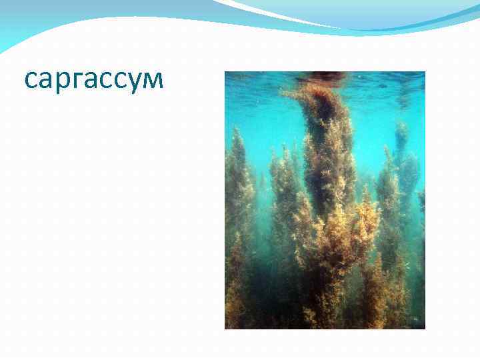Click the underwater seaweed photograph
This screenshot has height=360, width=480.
(325, 200)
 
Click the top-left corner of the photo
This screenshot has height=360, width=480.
(225, 72)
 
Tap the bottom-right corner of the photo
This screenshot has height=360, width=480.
(424, 328)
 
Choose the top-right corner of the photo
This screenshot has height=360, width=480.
(424, 72)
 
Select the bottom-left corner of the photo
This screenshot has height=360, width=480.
(225, 328)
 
